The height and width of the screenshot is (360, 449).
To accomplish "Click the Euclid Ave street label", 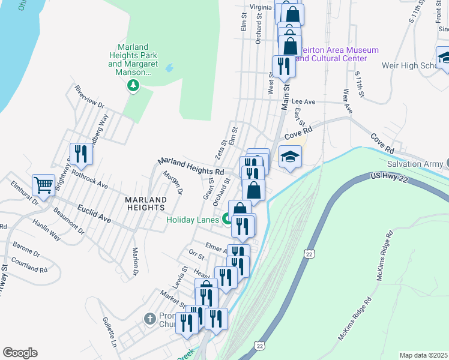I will (x=94, y=215).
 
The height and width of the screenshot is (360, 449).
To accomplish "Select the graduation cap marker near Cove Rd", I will (x=290, y=157).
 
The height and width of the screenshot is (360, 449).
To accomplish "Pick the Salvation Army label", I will (x=414, y=164).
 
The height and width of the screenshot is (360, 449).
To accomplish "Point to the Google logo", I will (x=20, y=353).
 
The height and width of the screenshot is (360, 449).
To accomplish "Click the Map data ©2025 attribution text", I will (x=423, y=355).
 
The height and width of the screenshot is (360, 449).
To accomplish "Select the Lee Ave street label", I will (x=304, y=102).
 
